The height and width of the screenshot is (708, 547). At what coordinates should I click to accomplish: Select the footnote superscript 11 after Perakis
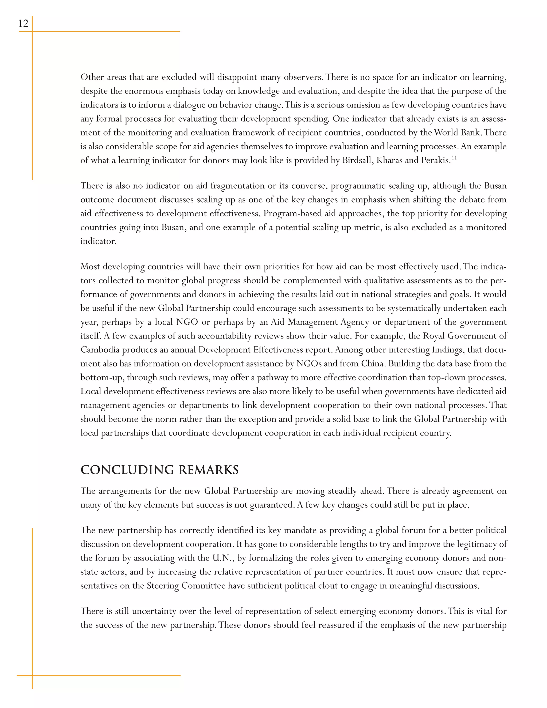click(454, 158)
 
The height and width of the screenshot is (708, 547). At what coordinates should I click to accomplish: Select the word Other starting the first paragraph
click(92, 77)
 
